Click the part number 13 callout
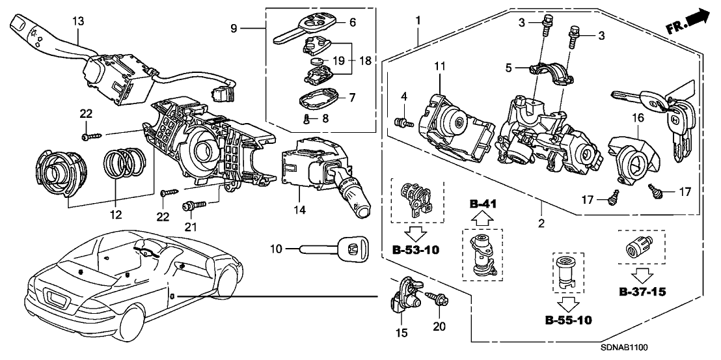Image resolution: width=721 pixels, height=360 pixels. [77, 21]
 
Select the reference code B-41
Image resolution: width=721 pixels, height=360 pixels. [482, 203]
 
